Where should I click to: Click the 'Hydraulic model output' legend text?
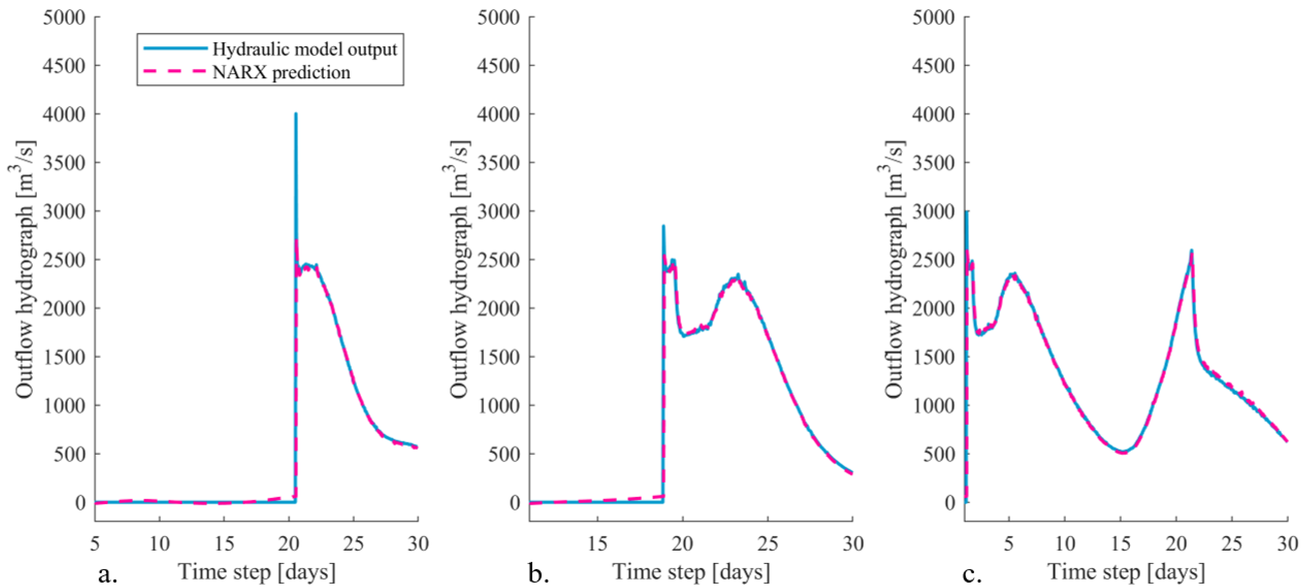coord(304,49)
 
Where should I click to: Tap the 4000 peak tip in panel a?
coord(296,114)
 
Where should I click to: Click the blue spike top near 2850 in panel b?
coord(664,226)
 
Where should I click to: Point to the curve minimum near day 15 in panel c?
coord(1120,452)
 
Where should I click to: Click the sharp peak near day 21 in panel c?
coord(1191,251)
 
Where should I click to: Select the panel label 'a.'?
coord(108,574)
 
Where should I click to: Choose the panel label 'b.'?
coord(539,574)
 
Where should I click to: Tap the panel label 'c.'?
coord(972,574)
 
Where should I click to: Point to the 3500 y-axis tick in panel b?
coord(499,163)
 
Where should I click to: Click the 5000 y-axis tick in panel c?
coord(933,18)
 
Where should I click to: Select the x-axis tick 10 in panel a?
coord(160,544)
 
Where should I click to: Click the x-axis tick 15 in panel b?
coord(598,544)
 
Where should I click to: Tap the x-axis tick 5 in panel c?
coord(1009,544)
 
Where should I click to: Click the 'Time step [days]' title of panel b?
coord(691,572)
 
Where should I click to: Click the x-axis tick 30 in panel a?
coord(418,544)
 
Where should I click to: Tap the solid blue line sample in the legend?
coord(175,48)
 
